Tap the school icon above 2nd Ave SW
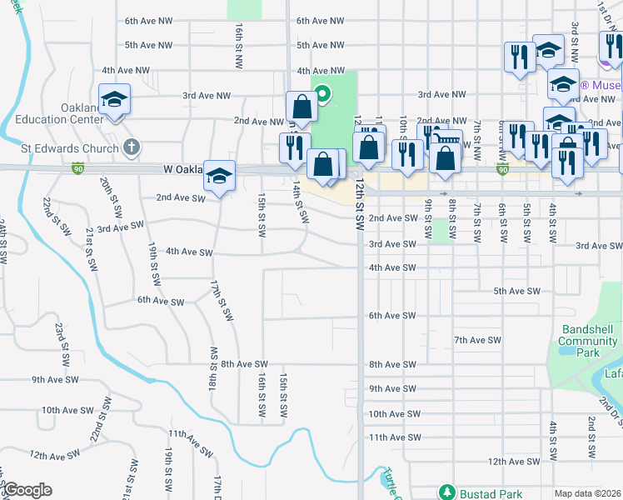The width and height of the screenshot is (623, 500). (220, 176)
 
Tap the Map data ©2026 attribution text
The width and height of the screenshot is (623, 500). (587, 493)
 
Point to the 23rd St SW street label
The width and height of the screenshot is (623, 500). (61, 345)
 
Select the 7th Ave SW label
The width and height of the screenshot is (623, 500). (477, 340)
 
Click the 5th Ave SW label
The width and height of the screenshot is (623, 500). (517, 291)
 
